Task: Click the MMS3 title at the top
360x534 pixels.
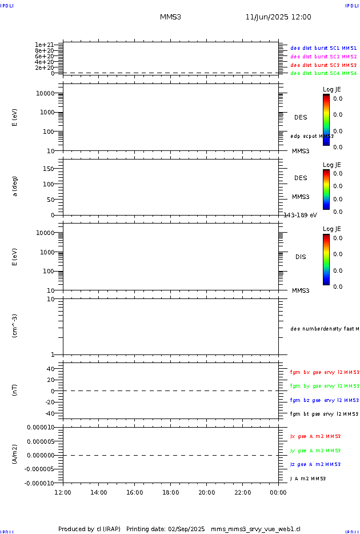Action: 170,17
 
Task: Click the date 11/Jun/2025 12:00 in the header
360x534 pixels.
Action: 278,17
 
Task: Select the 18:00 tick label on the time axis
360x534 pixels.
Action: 170,492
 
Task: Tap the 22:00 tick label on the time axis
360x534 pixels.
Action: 242,492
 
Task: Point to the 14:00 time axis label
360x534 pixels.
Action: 99,492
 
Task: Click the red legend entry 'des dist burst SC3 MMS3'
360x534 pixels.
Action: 323,65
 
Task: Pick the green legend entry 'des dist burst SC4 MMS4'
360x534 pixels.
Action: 323,73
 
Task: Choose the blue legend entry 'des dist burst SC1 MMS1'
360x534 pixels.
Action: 323,49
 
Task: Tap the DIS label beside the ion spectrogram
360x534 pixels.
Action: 301,257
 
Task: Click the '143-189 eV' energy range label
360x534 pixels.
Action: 300,215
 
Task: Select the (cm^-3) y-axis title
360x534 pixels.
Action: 15,326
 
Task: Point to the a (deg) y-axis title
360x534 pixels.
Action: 15,186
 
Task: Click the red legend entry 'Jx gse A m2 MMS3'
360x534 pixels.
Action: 315,436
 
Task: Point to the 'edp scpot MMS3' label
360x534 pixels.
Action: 312,136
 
